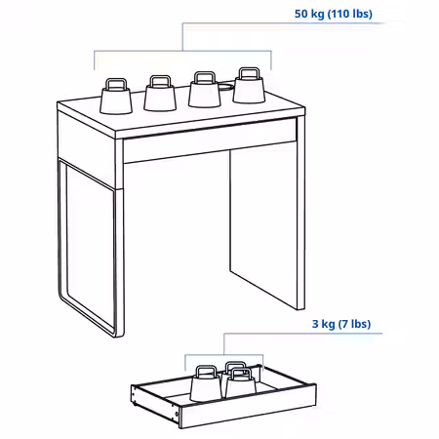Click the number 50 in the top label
click(301, 14)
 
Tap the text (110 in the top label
click(338, 14)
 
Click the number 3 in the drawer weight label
click(315, 324)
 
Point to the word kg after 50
click(317, 14)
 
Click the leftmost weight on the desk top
click(116, 96)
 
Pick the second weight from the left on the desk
click(160, 94)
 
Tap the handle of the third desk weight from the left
click(205, 77)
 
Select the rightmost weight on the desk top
click(249, 86)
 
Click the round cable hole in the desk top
click(225, 87)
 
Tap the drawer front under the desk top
click(210, 140)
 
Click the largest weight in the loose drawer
click(206, 383)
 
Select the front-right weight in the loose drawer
click(241, 382)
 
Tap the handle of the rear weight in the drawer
click(235, 365)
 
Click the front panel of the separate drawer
click(248, 408)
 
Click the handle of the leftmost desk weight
click(116, 84)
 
